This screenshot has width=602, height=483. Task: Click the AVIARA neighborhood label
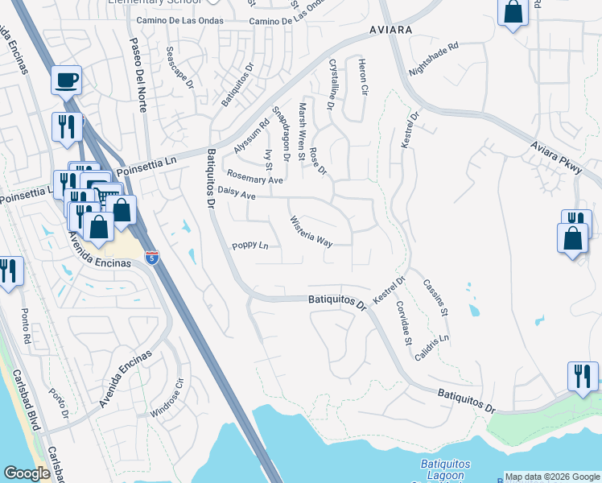point(391,29)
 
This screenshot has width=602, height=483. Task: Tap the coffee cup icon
point(67,80)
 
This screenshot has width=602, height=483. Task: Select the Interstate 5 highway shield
point(152,257)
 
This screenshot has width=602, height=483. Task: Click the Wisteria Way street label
point(311,231)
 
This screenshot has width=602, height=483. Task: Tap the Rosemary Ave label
point(255,176)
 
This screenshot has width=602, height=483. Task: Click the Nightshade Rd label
point(433,58)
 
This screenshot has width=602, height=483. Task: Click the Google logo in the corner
point(27,473)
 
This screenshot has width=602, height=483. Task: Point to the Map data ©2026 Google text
point(552,476)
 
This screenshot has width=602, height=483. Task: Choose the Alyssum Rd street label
point(250,138)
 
